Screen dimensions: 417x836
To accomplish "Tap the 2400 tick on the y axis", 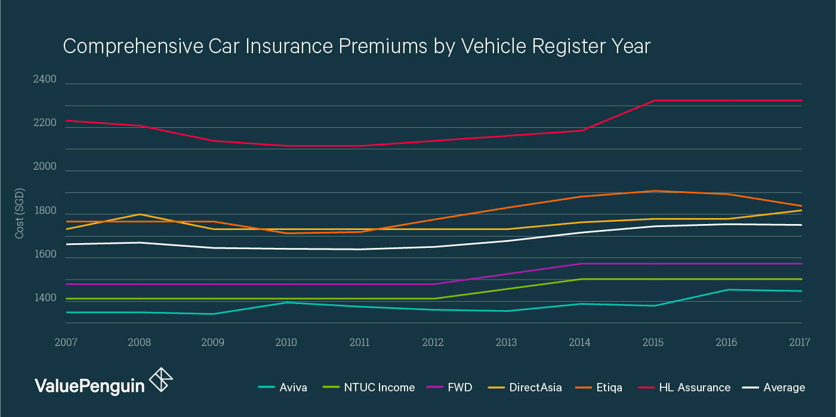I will [45, 79].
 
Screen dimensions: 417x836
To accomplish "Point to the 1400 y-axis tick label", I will [45, 298].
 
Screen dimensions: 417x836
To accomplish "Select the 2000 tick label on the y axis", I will [45, 167].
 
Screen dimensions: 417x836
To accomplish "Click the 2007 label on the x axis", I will [66, 342].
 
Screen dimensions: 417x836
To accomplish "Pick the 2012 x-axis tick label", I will [433, 342].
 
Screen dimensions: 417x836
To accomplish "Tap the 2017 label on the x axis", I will [799, 342].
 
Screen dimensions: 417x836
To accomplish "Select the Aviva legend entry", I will [293, 387].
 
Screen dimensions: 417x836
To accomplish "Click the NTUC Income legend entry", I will [379, 387].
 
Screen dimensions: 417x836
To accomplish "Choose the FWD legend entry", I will [459, 387].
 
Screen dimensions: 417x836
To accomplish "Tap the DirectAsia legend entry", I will [535, 387].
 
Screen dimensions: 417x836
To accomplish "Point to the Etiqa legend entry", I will [609, 387].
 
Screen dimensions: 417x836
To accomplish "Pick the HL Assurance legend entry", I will [695, 387].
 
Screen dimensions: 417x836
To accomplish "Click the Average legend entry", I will [784, 387].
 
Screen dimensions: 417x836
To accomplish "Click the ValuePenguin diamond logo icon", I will [161, 381].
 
